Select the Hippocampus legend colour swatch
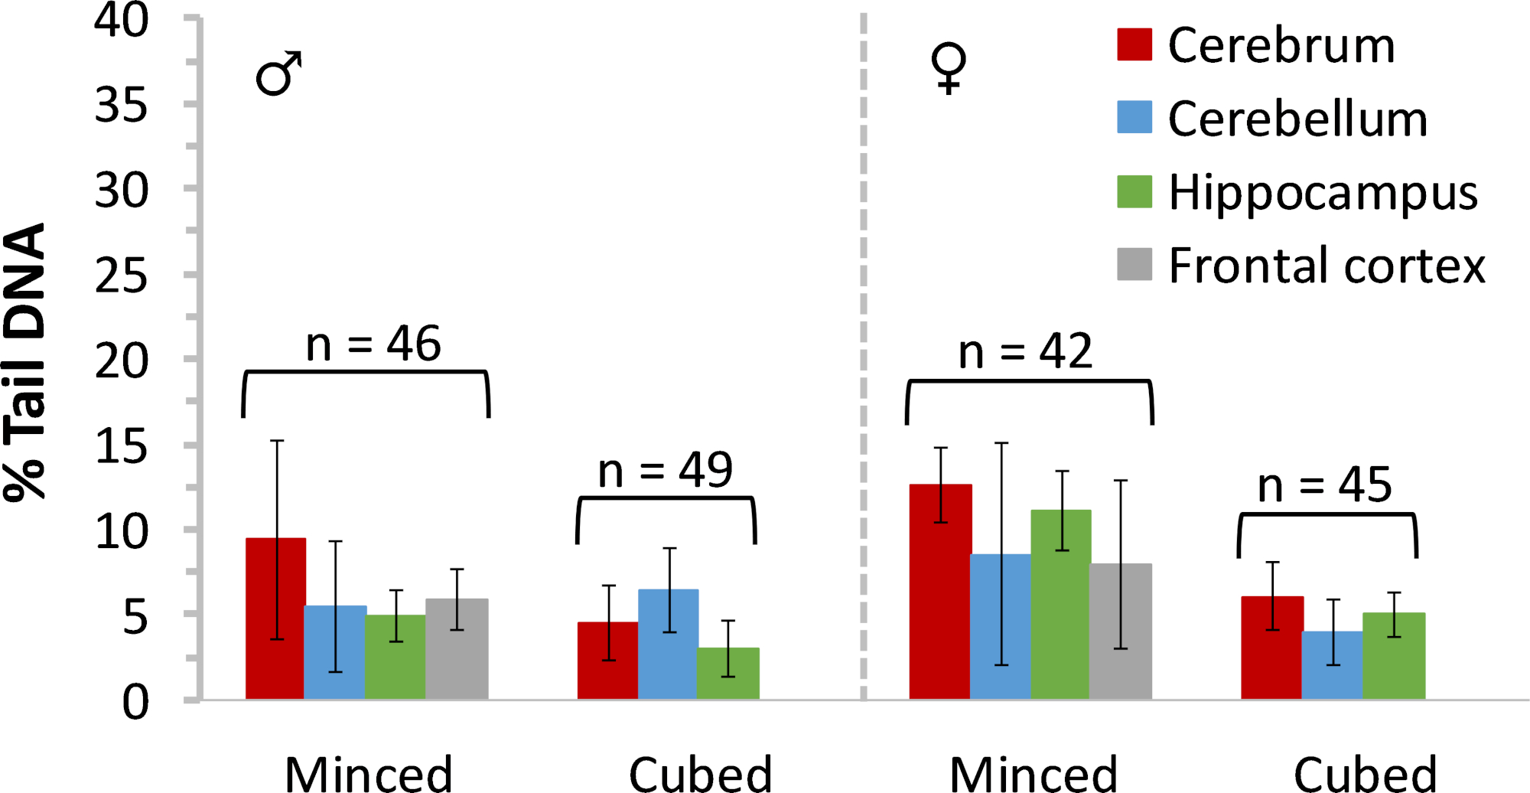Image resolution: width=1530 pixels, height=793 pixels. [x=1134, y=191]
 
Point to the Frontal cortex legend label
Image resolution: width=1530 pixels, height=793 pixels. [x=1327, y=266]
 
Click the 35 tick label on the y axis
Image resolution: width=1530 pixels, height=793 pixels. [x=121, y=106]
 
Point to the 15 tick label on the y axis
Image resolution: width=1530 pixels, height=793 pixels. [x=121, y=447]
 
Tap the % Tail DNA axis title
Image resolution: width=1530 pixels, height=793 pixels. [x=26, y=361]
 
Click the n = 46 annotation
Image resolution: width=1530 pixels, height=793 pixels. [x=373, y=344]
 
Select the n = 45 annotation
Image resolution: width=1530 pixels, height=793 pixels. [x=1325, y=485]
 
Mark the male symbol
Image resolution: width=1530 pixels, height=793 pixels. [x=278, y=73]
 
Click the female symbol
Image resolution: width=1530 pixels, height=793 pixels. [x=949, y=67]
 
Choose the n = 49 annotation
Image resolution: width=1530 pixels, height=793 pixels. [x=665, y=470]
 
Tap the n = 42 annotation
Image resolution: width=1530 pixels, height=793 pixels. [x=1025, y=352]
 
